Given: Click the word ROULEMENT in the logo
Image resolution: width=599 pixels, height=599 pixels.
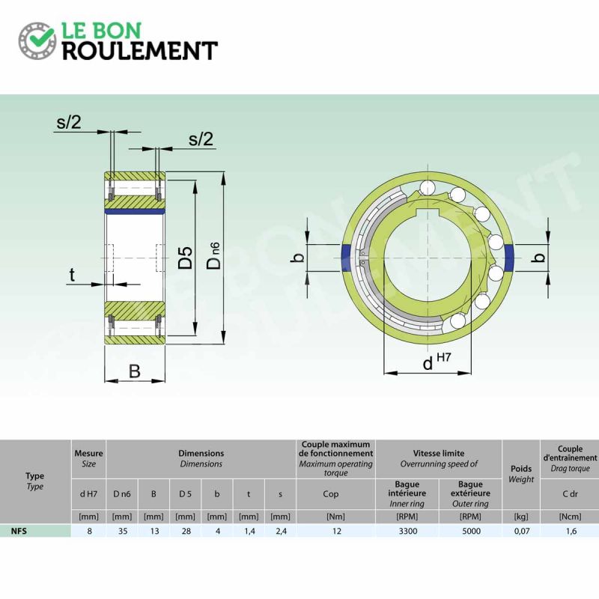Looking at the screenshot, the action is pos(140,50).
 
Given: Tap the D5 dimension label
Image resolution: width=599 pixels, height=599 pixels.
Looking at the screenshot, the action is pos(186,258).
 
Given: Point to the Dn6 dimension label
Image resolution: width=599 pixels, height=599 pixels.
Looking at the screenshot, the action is pos(214,256).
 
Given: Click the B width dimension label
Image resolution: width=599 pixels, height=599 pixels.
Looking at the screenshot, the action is pos(135,371).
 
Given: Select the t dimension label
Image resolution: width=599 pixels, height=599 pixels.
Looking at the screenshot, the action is pos(72,275).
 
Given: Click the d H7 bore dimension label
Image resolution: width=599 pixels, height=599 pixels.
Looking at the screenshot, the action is pos(437,362).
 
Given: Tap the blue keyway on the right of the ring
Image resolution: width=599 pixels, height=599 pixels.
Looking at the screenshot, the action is pos(509,258).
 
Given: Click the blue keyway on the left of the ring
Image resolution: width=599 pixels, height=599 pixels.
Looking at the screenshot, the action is pos(345,258).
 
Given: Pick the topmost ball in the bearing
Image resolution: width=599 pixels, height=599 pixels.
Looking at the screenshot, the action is pos(427,188).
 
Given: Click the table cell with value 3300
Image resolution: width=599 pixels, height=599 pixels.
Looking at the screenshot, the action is pos(408,531).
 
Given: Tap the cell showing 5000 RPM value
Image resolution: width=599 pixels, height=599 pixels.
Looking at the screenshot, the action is pos(472,531).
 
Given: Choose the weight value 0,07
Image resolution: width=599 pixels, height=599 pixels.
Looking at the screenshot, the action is pos(522,531).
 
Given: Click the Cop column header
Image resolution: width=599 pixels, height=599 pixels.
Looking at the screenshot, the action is pos(331,494).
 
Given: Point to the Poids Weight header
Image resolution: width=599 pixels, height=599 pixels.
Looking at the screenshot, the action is pos(521,474).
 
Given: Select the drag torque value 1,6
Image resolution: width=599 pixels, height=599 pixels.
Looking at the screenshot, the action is pos(571,531).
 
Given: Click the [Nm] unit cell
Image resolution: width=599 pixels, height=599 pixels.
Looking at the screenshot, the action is pos(335,517).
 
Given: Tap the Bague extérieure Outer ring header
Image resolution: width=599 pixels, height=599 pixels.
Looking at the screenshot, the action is pos(470,494).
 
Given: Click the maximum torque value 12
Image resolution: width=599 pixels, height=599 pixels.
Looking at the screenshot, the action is pos(336,531).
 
